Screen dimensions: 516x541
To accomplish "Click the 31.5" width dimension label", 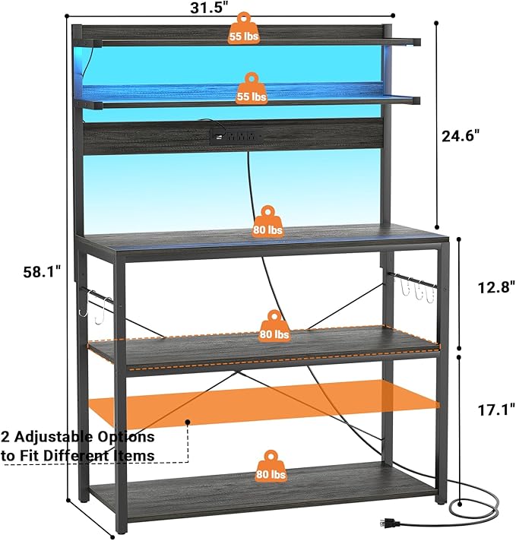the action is (209, 8).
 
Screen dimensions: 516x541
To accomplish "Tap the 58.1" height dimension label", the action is (42, 272).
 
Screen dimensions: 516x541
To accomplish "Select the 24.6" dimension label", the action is (461, 136).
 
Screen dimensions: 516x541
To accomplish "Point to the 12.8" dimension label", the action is (496, 287).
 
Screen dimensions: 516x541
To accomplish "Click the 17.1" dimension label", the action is (496, 410).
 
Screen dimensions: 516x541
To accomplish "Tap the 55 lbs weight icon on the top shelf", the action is (244, 29).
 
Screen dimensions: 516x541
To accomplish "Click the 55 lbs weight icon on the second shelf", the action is (252, 89).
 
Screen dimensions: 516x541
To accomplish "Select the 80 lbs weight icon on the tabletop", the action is (267, 222).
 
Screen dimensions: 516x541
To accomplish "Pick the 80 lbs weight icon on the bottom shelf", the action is (271, 467).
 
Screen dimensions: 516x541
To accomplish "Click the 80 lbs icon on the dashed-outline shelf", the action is (274, 326).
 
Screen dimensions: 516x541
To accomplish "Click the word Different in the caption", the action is (79, 455).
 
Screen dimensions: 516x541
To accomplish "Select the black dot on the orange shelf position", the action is (188, 422).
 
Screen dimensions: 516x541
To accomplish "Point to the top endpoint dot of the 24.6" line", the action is (436, 24).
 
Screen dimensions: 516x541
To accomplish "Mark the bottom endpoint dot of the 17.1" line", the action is (460, 505).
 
